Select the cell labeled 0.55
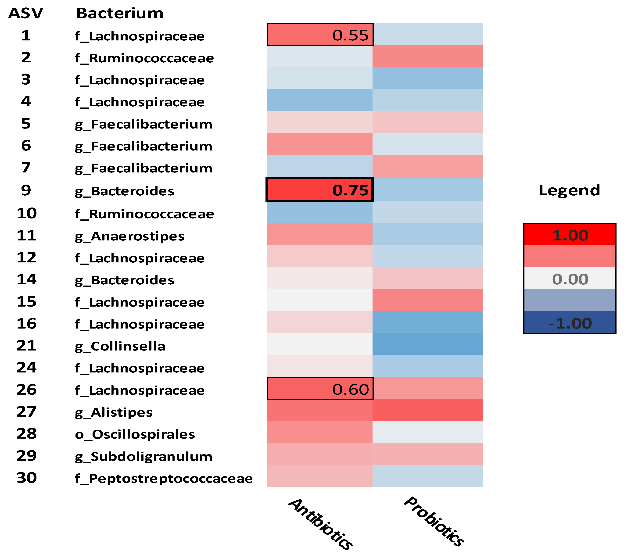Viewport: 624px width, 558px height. (320, 35)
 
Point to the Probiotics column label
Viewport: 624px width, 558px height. (434, 521)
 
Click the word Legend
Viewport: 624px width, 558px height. (569, 190)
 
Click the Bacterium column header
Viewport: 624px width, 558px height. (120, 13)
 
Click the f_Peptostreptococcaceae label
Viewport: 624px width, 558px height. (164, 479)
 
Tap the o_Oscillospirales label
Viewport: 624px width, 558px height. (135, 434)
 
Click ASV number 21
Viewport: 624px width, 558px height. (26, 346)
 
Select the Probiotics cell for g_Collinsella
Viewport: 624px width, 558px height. (427, 344)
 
